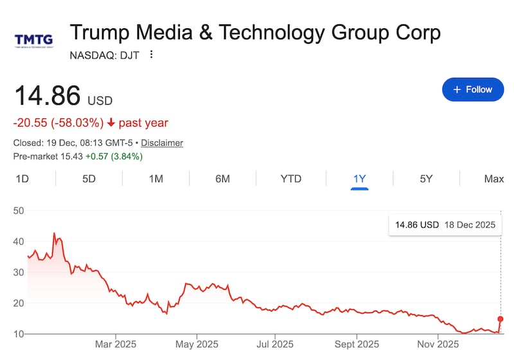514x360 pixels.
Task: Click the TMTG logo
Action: [33, 40]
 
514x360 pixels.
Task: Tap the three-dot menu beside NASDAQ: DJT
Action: [152, 55]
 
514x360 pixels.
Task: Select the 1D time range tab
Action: [22, 179]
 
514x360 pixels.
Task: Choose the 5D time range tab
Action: [89, 179]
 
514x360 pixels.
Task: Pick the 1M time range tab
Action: [155, 179]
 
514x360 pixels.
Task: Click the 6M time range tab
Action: [222, 179]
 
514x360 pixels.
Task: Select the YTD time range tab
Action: [291, 179]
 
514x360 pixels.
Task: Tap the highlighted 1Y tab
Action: [359, 179]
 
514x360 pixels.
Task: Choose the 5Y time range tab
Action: [426, 179]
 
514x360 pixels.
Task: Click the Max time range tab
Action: [493, 179]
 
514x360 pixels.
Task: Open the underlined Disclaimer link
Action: [162, 143]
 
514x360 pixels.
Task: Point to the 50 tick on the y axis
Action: [19, 211]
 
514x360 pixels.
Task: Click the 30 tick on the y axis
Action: [19, 273]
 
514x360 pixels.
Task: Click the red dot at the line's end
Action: [501, 319]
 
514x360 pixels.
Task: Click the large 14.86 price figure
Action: [48, 96]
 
